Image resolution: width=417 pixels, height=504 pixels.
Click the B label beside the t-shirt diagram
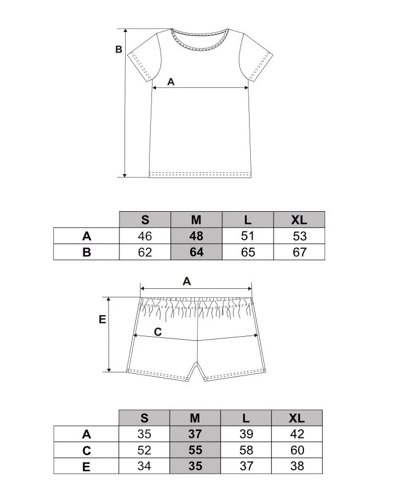pyautogui.click(x=119, y=50)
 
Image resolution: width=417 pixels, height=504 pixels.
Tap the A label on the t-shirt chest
pyautogui.click(x=171, y=82)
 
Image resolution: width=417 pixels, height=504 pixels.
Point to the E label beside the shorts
pyautogui.click(x=102, y=319)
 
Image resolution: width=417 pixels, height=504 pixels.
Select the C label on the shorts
pyautogui.click(x=158, y=332)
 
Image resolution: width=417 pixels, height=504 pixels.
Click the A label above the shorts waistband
pyautogui.click(x=187, y=281)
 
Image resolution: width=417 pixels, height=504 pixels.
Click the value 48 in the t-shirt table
pyautogui.click(x=196, y=236)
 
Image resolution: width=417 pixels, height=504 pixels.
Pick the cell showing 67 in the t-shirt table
pyautogui.click(x=299, y=252)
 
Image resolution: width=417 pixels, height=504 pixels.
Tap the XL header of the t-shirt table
pyautogui.click(x=299, y=220)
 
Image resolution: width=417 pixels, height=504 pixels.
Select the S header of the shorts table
pyautogui.click(x=144, y=418)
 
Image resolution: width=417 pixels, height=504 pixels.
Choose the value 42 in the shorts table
pyautogui.click(x=296, y=434)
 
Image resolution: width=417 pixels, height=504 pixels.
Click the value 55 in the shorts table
pyautogui.click(x=195, y=450)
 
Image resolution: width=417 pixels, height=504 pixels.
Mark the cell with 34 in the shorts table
pyautogui.click(x=144, y=466)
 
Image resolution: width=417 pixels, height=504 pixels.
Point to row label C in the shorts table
pyautogui.click(x=86, y=450)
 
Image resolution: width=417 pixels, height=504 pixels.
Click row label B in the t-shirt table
pyautogui.click(x=87, y=252)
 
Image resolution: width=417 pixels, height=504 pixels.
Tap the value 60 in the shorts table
pyautogui.click(x=296, y=450)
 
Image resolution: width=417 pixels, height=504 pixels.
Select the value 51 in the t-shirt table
pyautogui.click(x=247, y=236)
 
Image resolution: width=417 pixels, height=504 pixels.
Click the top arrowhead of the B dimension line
pyautogui.click(x=126, y=31)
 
